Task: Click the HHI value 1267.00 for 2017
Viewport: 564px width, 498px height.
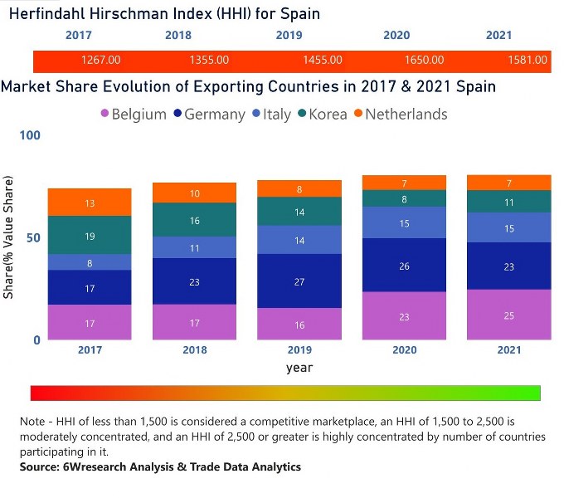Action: [101, 61]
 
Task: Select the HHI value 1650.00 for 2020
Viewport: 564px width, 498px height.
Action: [423, 61]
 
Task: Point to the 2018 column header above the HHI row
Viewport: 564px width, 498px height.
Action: [178, 36]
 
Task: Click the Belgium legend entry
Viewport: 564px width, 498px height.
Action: [132, 115]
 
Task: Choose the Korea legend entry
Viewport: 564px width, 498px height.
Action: [319, 115]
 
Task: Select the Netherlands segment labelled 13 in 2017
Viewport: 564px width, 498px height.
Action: [90, 203]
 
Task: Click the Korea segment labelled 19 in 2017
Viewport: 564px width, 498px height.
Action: [90, 236]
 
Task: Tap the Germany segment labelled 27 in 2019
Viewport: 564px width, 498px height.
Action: [299, 281]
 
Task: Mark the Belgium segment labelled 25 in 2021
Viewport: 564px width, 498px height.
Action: [509, 315]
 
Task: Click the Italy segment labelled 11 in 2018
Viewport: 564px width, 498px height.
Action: [195, 248]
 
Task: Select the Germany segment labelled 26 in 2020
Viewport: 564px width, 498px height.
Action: [405, 266]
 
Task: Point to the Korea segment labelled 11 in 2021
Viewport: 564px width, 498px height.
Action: [509, 202]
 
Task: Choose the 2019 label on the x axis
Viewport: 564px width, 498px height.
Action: [299, 350]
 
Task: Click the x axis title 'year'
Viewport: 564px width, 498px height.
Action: [299, 367]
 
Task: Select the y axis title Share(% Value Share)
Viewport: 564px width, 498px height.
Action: [8, 237]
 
